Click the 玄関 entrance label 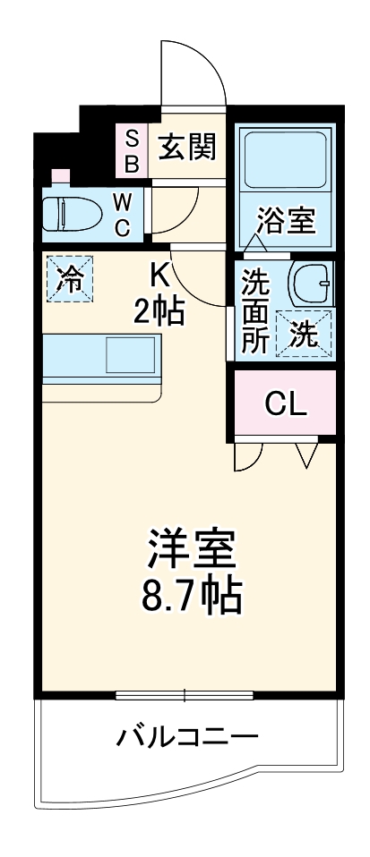[x=189, y=147]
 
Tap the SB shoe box [x=131, y=149]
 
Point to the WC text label [x=123, y=214]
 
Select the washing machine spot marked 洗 [x=305, y=334]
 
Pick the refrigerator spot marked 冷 [x=68, y=279]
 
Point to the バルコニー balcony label [x=187, y=739]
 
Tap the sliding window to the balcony [x=185, y=694]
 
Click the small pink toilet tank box [x=60, y=175]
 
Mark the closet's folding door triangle [x=306, y=454]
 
